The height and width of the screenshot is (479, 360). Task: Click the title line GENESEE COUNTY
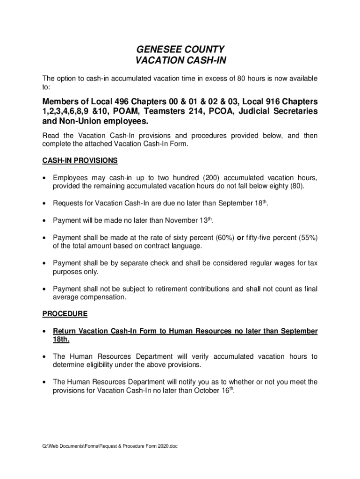(x=180, y=50)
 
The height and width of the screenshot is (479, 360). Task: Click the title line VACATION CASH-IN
(x=180, y=61)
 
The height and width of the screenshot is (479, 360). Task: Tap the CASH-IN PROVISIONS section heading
(x=80, y=160)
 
